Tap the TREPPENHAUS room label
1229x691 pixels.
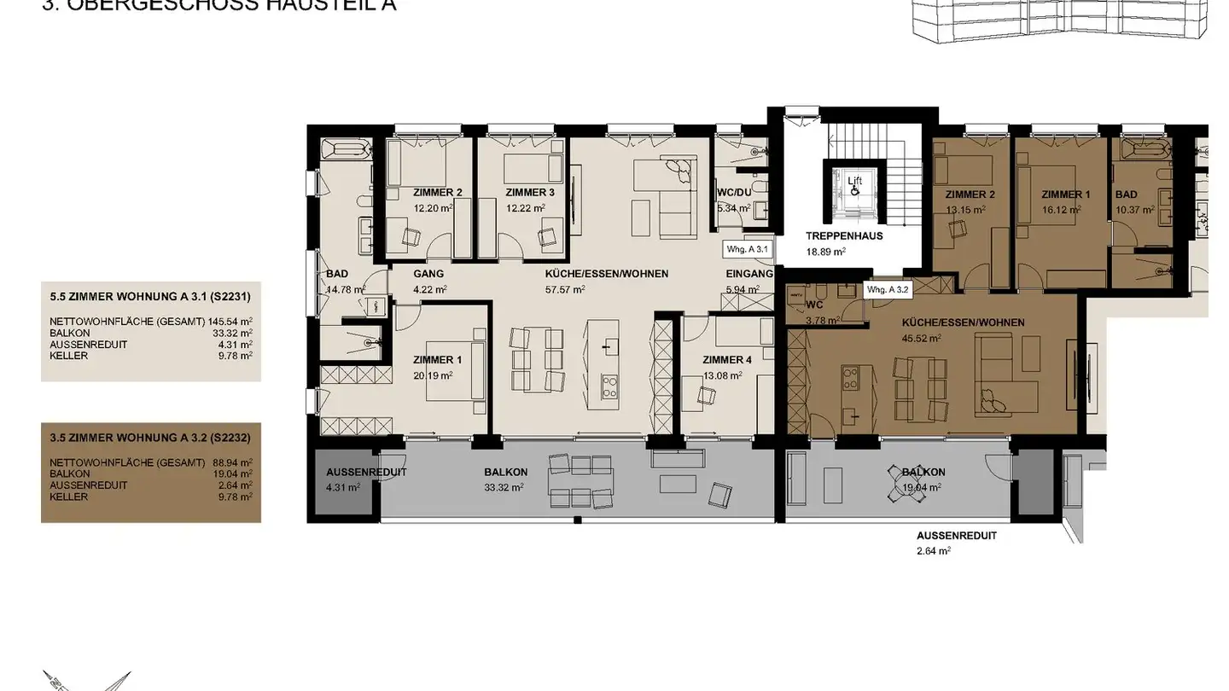tap(844, 235)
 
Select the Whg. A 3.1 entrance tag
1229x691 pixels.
tap(747, 249)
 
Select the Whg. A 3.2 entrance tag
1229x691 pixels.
tap(888, 290)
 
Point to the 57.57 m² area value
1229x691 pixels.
tap(566, 290)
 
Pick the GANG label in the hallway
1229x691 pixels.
tap(428, 274)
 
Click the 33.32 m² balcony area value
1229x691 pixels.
tap(503, 488)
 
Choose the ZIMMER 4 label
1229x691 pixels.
tap(728, 359)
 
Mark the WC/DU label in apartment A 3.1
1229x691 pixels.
tap(733, 193)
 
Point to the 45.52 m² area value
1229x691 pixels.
tap(922, 338)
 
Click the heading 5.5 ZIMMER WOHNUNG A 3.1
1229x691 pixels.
tap(149, 297)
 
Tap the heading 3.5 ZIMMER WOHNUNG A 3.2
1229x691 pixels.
tap(149, 438)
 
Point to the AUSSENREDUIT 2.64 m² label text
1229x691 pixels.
tap(956, 536)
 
